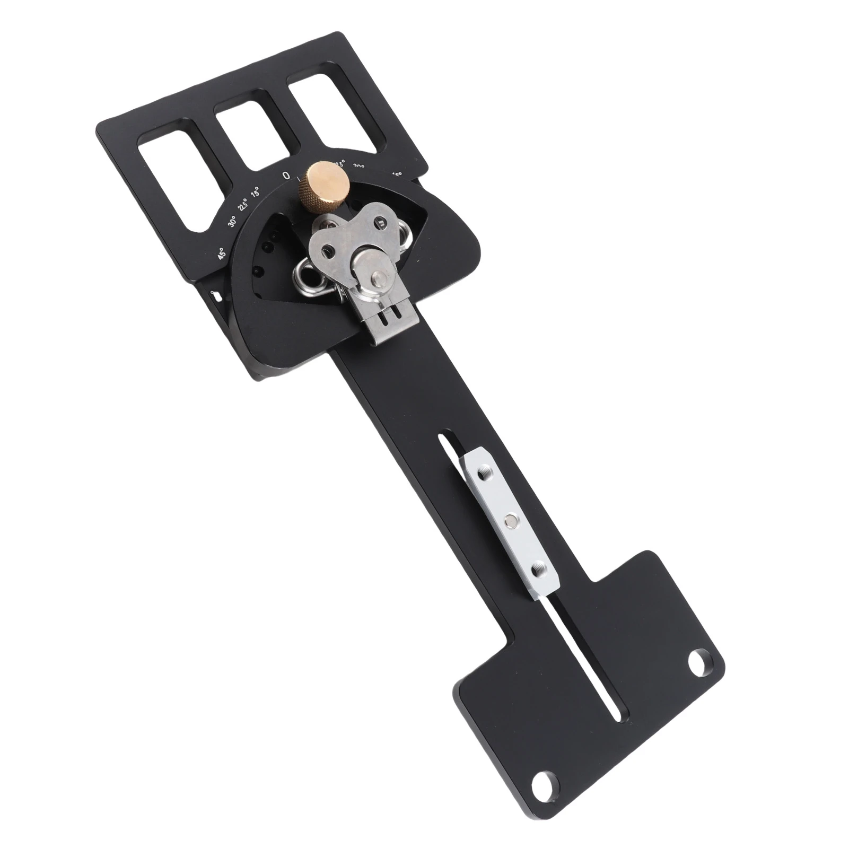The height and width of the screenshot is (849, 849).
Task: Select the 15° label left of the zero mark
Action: (256, 191)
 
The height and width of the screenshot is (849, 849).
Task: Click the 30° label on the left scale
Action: (232, 222)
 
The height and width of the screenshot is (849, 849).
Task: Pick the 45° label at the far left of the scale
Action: (222, 253)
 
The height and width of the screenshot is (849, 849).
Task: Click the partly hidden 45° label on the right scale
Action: (397, 173)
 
